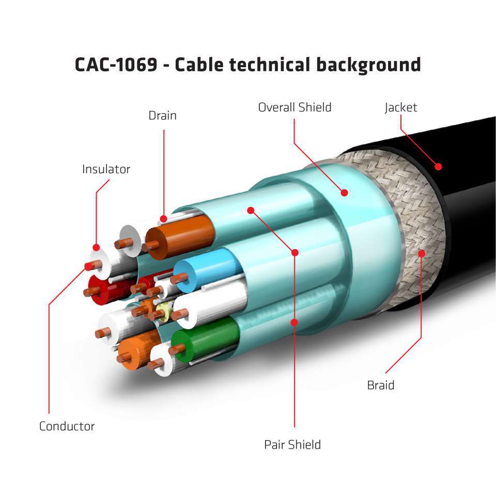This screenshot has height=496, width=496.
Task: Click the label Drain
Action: point(162,115)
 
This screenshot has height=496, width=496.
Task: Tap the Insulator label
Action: point(106,169)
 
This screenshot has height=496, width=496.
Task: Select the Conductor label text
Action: point(67,426)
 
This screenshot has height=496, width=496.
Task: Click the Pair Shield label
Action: point(292,444)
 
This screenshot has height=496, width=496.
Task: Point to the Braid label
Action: point(381,385)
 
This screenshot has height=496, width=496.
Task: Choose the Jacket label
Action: point(400,107)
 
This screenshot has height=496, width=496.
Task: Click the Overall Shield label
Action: point(295,107)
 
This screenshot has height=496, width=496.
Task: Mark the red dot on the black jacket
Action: point(438,166)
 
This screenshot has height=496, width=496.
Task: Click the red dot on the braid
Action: point(422,253)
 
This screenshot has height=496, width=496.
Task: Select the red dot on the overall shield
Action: point(345,193)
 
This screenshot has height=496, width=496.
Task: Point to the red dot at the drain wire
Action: point(164,219)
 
